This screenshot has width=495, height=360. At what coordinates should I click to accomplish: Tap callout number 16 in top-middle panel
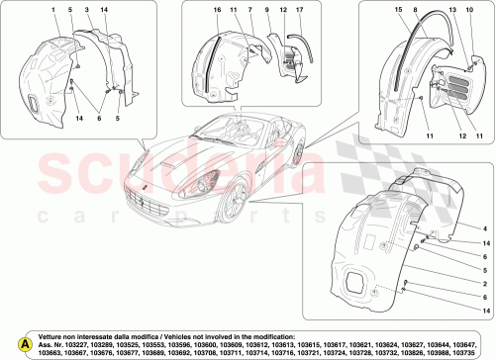[x=215, y=9]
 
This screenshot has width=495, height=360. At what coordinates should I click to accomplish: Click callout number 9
[x=268, y=9]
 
